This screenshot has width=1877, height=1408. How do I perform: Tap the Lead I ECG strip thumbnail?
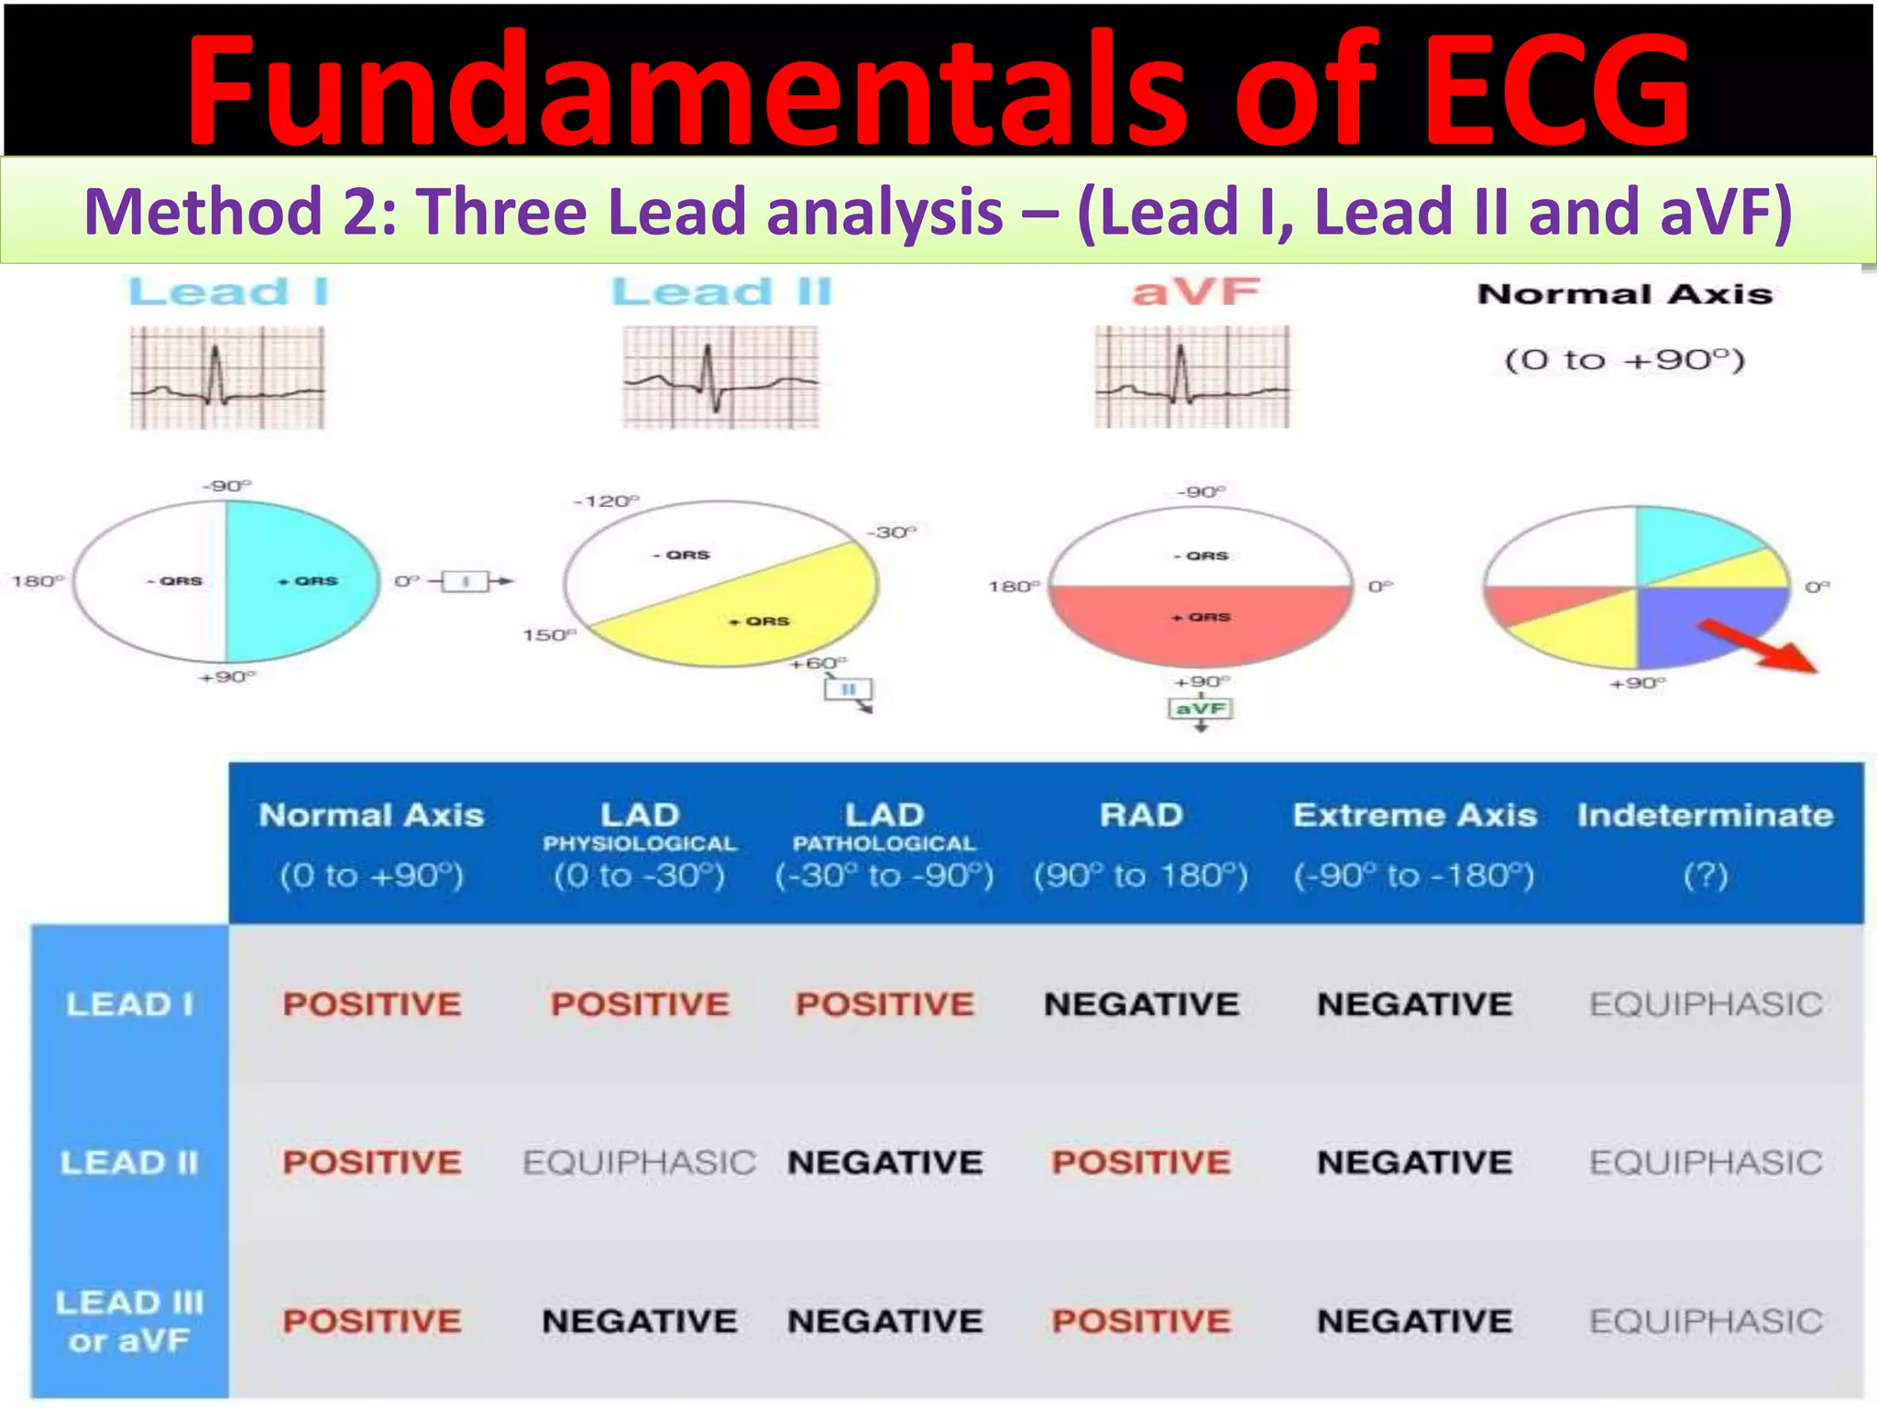point(226,377)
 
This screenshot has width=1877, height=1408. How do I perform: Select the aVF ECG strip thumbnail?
point(1191,377)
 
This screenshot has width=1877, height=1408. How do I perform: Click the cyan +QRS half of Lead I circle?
point(302,581)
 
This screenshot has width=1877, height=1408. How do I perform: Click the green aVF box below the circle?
point(1201,709)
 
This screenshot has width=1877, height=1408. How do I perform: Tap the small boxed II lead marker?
point(849,689)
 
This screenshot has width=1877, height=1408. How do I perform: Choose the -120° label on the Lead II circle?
point(606,501)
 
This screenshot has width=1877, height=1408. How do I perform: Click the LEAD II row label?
point(129,1162)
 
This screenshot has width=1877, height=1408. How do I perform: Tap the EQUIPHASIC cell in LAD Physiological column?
point(639,1162)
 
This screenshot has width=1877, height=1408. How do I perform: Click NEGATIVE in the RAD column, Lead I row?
point(1141,1004)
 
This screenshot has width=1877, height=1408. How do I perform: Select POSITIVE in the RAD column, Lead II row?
point(1141,1162)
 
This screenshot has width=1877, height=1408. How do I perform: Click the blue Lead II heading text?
point(721,292)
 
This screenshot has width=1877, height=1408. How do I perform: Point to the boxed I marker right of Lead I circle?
point(466,581)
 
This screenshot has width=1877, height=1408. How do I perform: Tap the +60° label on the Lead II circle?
point(818,662)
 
